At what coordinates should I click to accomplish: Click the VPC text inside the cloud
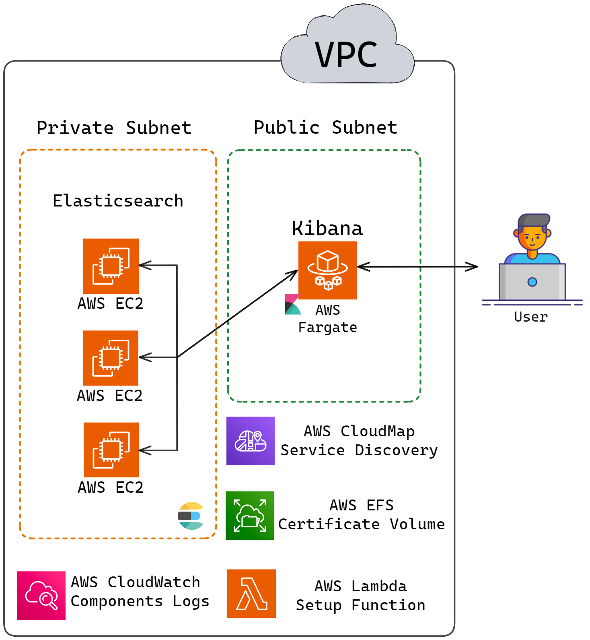[x=346, y=55]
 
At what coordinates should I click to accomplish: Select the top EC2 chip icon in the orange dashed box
[x=111, y=266]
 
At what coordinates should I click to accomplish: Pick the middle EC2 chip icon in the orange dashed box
[x=111, y=358]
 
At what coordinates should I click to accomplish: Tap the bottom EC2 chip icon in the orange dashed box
[x=111, y=450]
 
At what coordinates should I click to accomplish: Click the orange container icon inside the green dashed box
[x=327, y=270]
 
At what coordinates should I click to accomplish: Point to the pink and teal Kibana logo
[x=292, y=305]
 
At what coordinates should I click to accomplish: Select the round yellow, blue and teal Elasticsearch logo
[x=191, y=516]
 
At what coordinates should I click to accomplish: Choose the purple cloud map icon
[x=251, y=441]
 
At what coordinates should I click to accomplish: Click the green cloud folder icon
[x=250, y=515]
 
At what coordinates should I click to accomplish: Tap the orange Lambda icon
[x=251, y=593]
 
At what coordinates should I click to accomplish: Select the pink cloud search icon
[x=41, y=595]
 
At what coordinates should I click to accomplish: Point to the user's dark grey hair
[x=533, y=220]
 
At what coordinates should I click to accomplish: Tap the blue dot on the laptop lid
[x=532, y=282]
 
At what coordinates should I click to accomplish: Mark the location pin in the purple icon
[x=258, y=436]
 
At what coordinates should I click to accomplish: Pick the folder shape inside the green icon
[x=251, y=521]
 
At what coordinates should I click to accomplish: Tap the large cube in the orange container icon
[x=327, y=261]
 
